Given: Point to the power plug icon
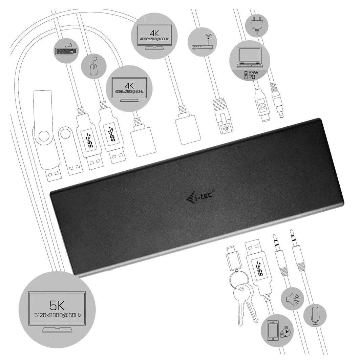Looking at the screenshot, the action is pyautogui.click(x=257, y=26).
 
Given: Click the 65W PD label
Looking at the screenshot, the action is pyautogui.click(x=252, y=75).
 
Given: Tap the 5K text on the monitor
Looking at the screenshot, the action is pyautogui.click(x=57, y=305).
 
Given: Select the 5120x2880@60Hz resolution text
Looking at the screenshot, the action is pyautogui.click(x=58, y=315).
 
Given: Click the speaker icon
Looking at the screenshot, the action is pyautogui.click(x=292, y=299).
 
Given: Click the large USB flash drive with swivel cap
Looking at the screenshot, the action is pyautogui.click(x=47, y=135).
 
